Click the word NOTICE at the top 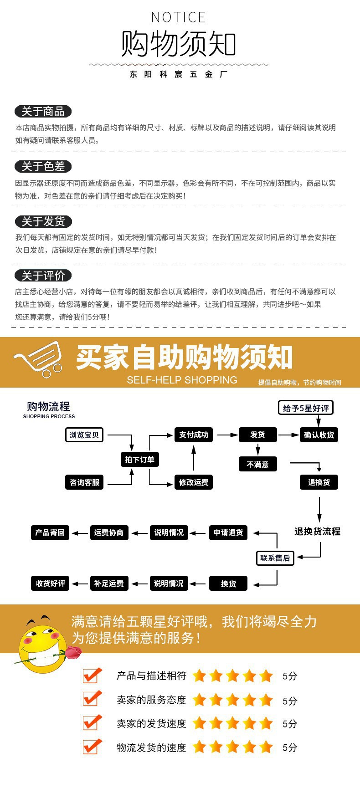tap(178, 18)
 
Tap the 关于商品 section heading tap(43, 112)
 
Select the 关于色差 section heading tap(43, 167)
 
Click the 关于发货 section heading tap(43, 222)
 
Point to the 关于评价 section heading tap(43, 276)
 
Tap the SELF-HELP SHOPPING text tap(182, 380)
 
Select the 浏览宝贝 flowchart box tap(84, 435)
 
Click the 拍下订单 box tap(140, 460)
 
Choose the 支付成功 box tap(194, 435)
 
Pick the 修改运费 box tap(194, 482)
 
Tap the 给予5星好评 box tap(306, 408)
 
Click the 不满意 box tap(257, 464)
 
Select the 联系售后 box tap(275, 558)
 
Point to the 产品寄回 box tap(50, 532)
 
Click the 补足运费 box tap(109, 583)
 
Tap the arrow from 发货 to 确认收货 tap(288, 435)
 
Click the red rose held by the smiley tap(73, 653)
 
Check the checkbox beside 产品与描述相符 tap(92, 675)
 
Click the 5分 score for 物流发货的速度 tap(290, 747)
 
